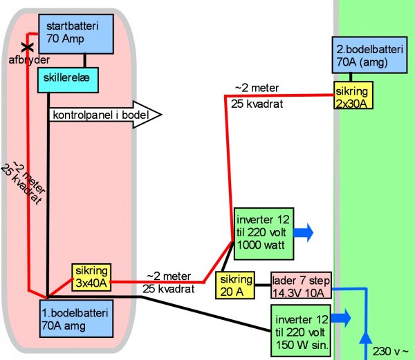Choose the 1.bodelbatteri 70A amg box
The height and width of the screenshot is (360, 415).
point(75,317)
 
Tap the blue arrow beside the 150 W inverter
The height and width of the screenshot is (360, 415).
point(341,318)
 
